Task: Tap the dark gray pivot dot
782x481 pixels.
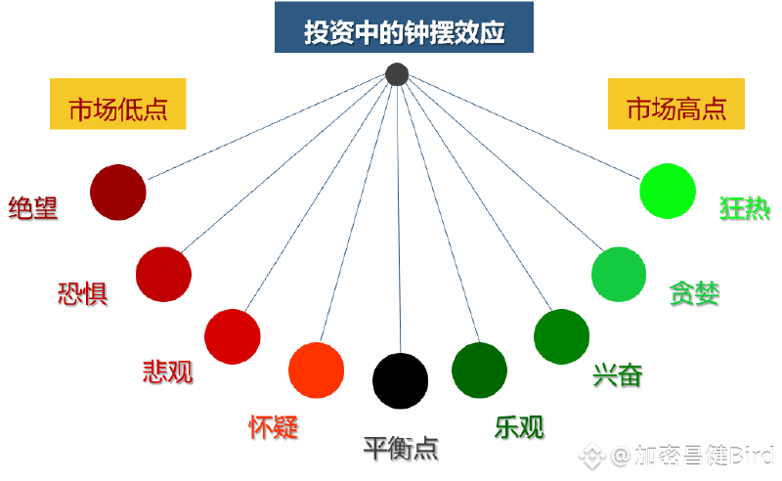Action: click(396, 74)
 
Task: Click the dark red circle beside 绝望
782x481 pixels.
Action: click(117, 193)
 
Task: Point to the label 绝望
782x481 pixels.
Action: click(33, 208)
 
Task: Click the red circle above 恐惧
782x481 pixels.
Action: click(163, 275)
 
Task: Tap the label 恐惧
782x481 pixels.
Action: click(83, 292)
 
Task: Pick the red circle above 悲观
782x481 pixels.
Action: click(233, 336)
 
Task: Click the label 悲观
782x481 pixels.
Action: click(167, 371)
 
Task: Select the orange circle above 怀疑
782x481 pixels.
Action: click(317, 371)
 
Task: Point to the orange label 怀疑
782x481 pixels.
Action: click(273, 426)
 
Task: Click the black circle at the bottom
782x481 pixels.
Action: click(401, 380)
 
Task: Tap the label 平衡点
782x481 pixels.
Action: click(401, 449)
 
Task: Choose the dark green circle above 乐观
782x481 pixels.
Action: click(480, 371)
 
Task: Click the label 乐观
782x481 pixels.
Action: click(519, 427)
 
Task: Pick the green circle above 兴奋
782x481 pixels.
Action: click(562, 336)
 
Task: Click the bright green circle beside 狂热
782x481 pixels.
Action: click(668, 191)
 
